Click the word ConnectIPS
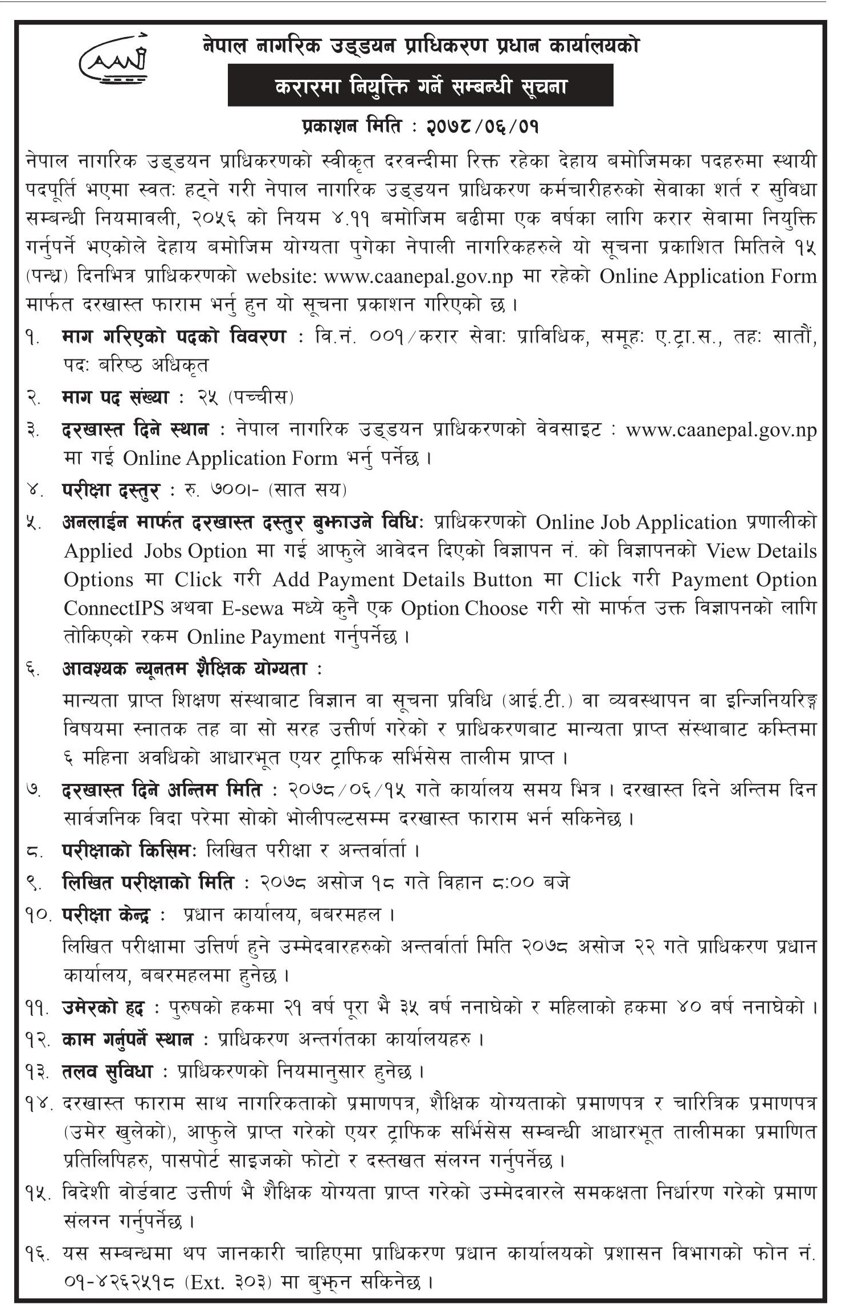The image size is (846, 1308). click(113, 608)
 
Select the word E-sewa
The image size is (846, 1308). click(252, 608)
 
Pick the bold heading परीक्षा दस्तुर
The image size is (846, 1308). click(112, 489)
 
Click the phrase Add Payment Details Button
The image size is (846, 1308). click(402, 579)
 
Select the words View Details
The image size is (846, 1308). click(761, 550)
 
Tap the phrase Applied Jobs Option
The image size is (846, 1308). click(156, 550)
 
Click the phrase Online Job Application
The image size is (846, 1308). click(636, 522)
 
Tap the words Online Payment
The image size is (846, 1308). click(256, 636)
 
